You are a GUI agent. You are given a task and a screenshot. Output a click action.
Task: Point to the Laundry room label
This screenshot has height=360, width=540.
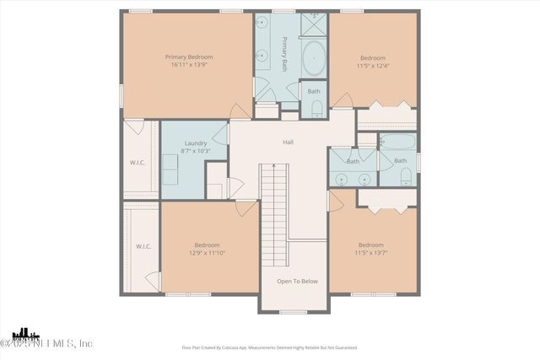point(196,143)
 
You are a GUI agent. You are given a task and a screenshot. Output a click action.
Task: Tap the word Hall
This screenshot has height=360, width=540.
point(288,142)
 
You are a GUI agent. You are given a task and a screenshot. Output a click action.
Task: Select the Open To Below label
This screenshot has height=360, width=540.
point(298,282)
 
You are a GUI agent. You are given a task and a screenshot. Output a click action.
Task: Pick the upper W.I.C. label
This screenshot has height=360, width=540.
point(139,162)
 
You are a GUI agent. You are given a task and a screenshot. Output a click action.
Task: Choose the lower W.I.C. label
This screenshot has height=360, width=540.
point(143,246)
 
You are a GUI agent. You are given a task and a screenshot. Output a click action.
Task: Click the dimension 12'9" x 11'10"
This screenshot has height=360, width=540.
point(207,252)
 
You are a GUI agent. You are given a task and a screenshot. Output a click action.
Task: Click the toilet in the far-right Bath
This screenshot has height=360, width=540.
point(406,176)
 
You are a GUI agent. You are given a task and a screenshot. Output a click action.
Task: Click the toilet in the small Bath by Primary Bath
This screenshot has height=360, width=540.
point(316,109)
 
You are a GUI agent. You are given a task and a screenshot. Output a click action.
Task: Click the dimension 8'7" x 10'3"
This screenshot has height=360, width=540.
point(196,151)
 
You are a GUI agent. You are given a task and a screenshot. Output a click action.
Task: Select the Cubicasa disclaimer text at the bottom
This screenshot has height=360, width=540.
point(270,347)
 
